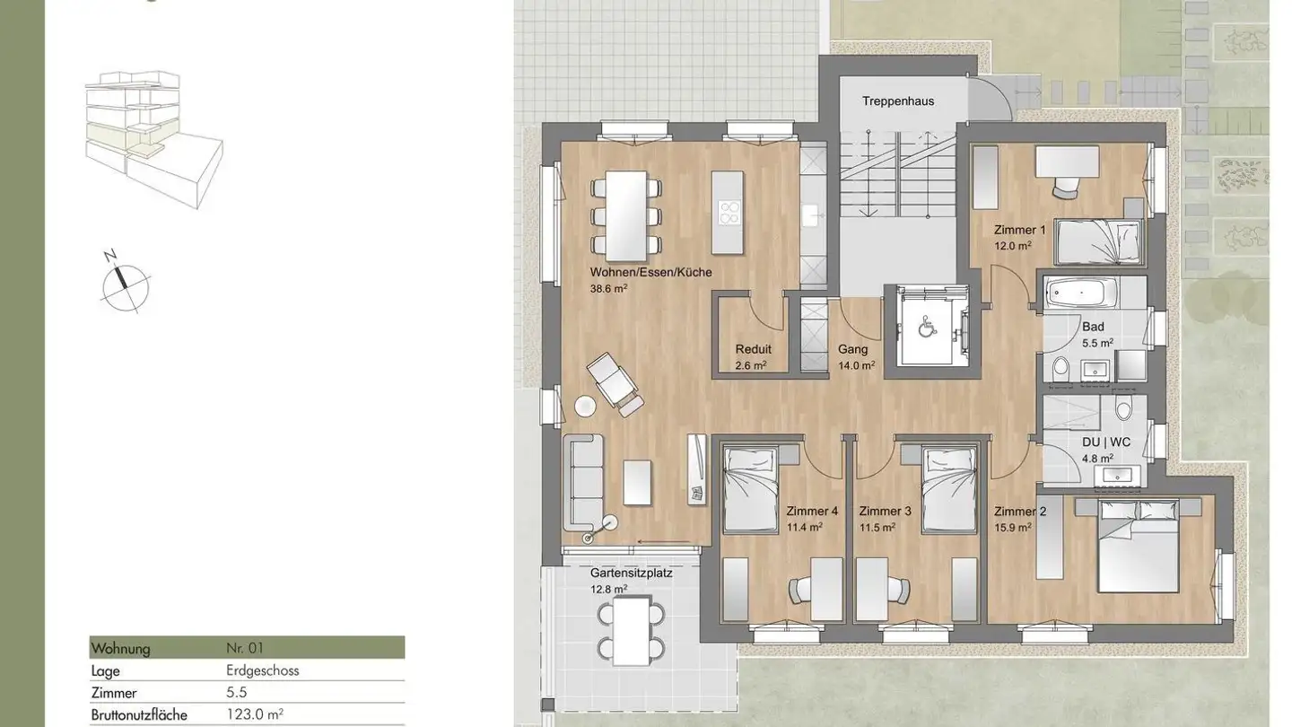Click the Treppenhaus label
897,101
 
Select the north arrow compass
124,283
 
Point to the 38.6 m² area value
608,288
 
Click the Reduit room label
753,350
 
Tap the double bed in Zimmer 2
1138,546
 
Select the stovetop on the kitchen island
729,213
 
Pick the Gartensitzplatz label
631,572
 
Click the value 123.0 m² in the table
255,715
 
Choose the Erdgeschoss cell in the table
262,670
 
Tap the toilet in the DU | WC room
1123,410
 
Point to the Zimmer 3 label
884,512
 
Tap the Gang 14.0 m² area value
856,365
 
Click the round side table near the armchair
585,406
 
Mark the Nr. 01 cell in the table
245,648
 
